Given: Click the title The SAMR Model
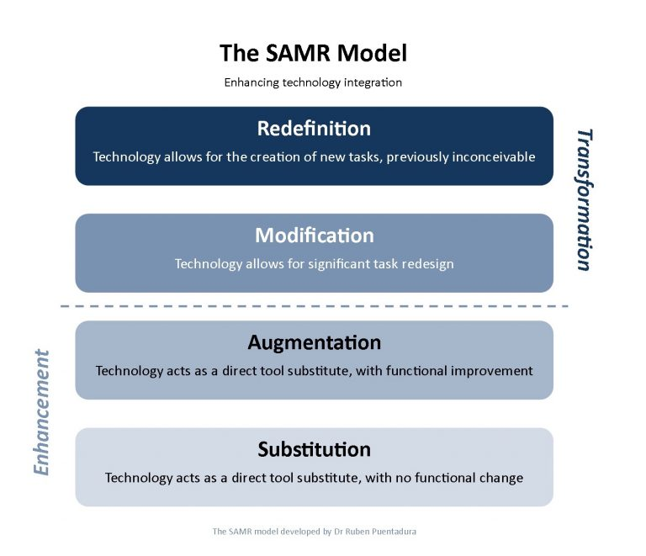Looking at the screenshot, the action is click(313, 53).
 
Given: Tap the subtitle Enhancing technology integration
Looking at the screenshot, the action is click(313, 82).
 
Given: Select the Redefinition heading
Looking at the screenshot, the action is click(314, 128).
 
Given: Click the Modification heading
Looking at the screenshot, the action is click(315, 236).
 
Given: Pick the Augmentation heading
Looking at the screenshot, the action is click(315, 342).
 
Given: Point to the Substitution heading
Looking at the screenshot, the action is click(315, 449).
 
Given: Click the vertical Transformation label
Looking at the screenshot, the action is click(585, 199).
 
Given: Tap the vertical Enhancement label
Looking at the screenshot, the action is click(41, 412).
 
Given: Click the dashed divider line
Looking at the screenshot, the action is click(315, 306).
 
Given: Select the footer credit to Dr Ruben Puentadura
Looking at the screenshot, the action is click(315, 532).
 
